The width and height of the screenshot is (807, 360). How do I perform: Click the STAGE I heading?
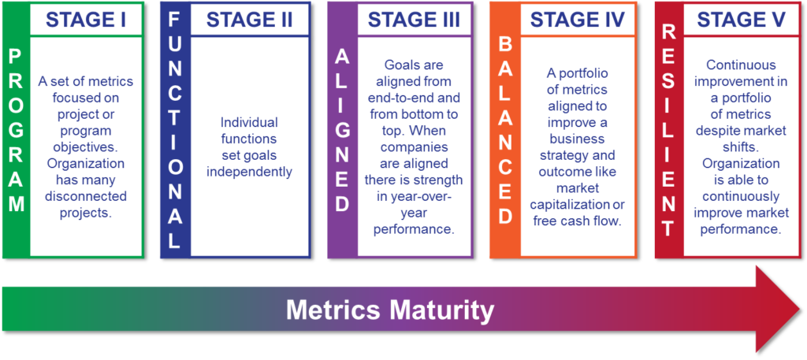(x=86, y=20)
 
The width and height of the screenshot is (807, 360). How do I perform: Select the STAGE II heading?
(x=250, y=20)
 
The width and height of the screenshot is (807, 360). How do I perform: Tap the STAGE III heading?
(x=414, y=20)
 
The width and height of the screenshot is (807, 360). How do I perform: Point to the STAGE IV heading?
(x=578, y=20)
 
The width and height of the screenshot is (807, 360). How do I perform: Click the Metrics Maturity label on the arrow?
(x=389, y=311)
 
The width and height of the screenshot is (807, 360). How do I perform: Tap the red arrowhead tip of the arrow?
(x=801, y=309)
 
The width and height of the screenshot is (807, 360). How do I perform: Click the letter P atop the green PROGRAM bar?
(x=17, y=58)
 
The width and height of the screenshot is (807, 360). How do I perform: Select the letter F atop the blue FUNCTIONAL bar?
(x=175, y=20)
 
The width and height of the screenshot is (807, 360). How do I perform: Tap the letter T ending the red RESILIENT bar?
(x=668, y=228)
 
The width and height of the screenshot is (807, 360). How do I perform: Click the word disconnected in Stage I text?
(x=85, y=196)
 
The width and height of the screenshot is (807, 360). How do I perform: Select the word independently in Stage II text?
(x=249, y=171)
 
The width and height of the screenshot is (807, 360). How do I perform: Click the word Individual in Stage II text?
(x=249, y=123)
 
